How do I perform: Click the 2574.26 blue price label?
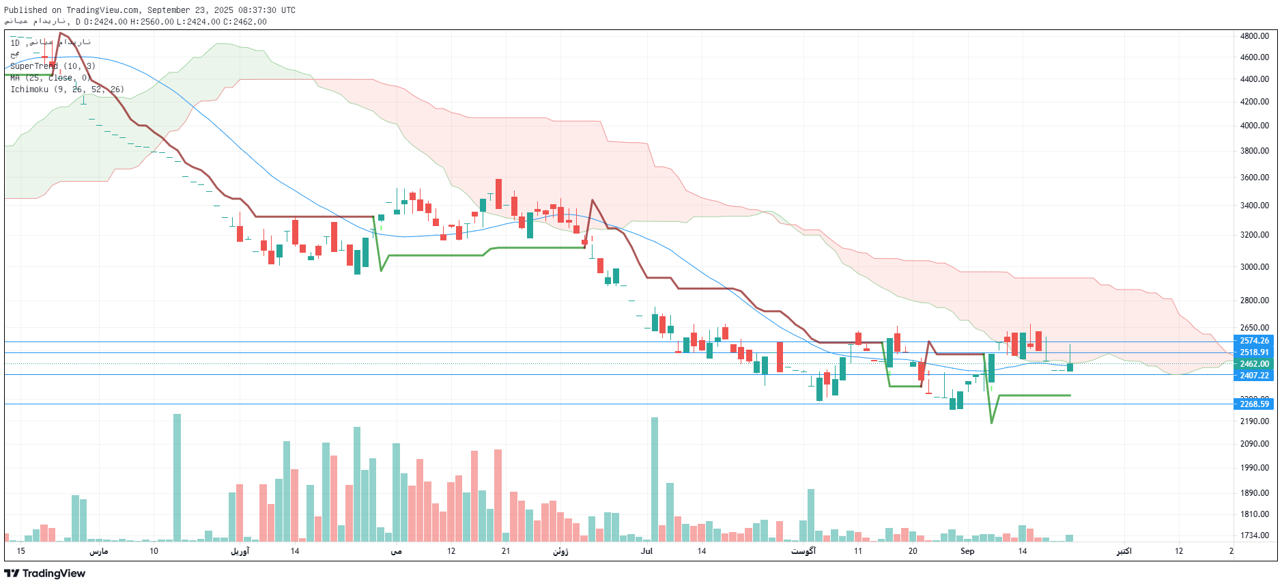click(x=1254, y=341)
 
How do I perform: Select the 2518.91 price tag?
click(x=1254, y=352)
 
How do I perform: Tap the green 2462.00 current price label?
click(x=1254, y=364)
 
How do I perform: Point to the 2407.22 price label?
click(x=1254, y=376)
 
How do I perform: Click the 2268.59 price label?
click(x=1254, y=404)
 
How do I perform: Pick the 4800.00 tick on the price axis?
click(x=1255, y=36)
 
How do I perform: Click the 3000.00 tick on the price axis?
click(x=1255, y=267)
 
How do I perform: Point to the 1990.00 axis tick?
click(x=1255, y=468)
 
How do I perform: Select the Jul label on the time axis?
click(x=646, y=551)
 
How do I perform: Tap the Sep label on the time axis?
click(x=967, y=551)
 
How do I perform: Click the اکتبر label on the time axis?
click(x=1124, y=551)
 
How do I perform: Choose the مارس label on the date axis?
click(x=99, y=551)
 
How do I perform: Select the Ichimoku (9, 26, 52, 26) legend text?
click(x=67, y=89)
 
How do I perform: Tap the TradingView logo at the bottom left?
click(x=45, y=574)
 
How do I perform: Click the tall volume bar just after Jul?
click(x=655, y=478)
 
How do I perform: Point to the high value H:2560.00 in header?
click(x=152, y=22)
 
